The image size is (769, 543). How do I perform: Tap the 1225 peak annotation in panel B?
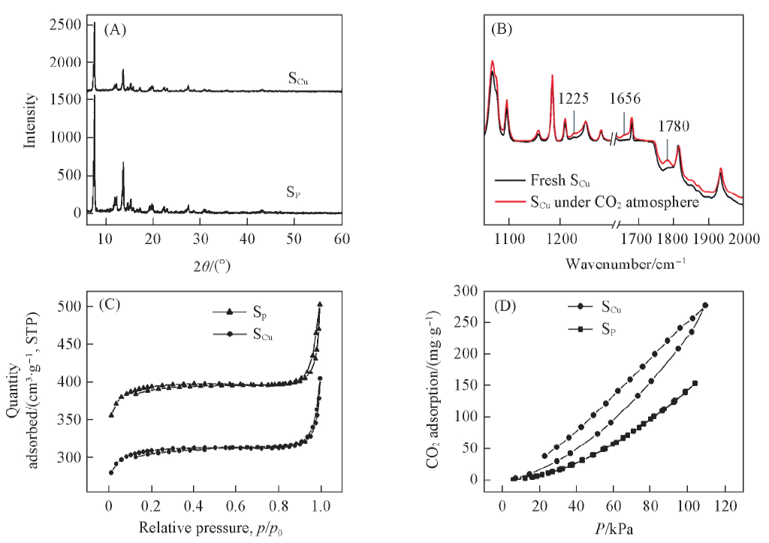(573, 98)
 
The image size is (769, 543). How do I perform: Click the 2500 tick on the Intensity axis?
(68, 25)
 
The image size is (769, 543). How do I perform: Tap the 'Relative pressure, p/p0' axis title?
(217, 529)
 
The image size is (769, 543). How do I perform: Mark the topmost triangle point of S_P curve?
(320, 304)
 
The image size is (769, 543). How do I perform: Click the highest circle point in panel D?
(705, 305)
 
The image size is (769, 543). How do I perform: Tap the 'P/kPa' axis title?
(612, 529)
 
